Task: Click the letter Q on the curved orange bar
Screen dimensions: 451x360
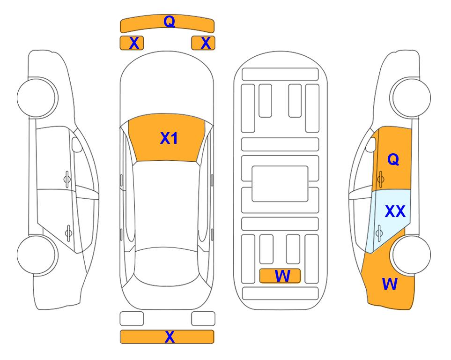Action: pyautogui.click(x=169, y=22)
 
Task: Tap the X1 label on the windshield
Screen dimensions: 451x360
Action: pyautogui.click(x=169, y=138)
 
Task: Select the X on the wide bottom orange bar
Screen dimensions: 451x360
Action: pyautogui.click(x=170, y=337)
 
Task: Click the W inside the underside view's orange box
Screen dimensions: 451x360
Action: pyautogui.click(x=282, y=276)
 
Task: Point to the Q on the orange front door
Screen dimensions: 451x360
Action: pyautogui.click(x=393, y=159)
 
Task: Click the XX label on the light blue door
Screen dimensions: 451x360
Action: pyautogui.click(x=395, y=211)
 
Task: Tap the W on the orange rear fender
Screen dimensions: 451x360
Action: pyautogui.click(x=390, y=284)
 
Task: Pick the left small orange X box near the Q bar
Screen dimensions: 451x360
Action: pyautogui.click(x=132, y=43)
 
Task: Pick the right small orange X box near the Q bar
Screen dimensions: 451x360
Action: pyautogui.click(x=203, y=43)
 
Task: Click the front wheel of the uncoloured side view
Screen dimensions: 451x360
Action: pyautogui.click(x=37, y=97)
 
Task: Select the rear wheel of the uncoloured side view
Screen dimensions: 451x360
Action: pyautogui.click(x=36, y=255)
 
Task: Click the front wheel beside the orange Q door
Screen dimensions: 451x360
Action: pyautogui.click(x=410, y=97)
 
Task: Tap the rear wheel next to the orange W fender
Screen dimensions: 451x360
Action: pyautogui.click(x=411, y=255)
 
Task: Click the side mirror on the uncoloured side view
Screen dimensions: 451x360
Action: pyautogui.click(x=77, y=144)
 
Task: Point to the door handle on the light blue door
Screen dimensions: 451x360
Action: pyautogui.click(x=379, y=233)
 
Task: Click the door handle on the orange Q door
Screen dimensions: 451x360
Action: pyautogui.click(x=381, y=179)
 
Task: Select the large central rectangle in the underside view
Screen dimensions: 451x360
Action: pyautogui.click(x=280, y=184)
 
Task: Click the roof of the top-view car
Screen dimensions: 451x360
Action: pyautogui.click(x=167, y=204)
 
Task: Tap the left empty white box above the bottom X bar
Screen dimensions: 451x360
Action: pyautogui.click(x=132, y=319)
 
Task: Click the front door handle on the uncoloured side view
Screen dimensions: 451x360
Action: pyautogui.click(x=67, y=179)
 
